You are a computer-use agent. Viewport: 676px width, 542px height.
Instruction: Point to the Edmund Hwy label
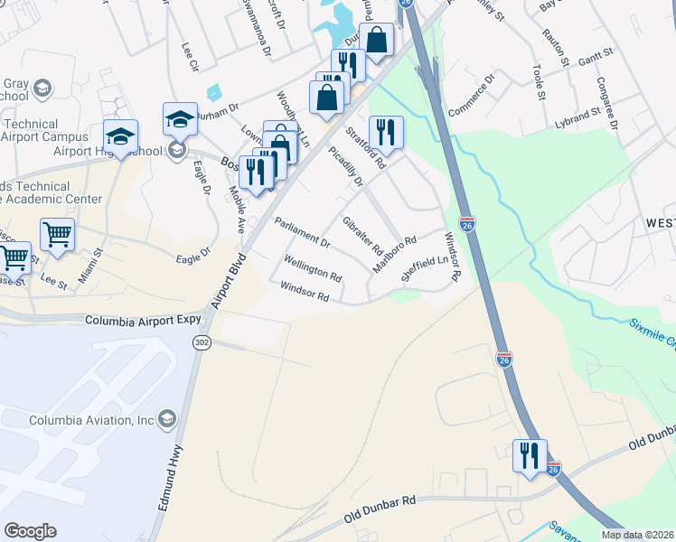point(173,478)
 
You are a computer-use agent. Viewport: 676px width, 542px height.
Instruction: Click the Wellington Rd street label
point(312,268)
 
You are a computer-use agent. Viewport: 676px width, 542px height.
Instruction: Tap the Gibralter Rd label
point(362,236)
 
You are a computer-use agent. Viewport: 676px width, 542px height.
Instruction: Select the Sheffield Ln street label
point(425,269)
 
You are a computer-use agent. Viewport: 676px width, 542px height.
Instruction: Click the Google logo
point(30,531)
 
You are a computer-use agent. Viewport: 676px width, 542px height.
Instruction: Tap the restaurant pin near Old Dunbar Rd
point(530,454)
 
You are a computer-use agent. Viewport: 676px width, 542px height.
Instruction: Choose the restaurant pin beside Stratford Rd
point(386,132)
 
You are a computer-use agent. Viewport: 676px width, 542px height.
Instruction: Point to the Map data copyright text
point(637,535)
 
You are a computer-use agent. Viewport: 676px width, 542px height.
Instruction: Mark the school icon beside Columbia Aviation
point(166,419)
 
